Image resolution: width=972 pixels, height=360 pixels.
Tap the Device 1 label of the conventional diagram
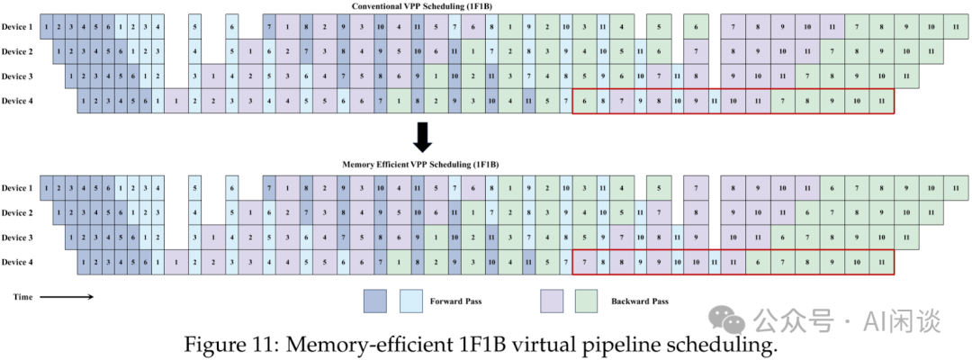(17, 27)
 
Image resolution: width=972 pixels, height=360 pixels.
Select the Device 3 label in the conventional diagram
(17, 76)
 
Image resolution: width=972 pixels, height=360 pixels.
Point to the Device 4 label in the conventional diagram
(17, 100)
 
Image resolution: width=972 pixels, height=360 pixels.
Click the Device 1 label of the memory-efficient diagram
(17, 188)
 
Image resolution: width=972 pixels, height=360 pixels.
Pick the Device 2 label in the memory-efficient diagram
(17, 213)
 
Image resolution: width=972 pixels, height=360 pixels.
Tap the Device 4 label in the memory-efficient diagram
(17, 262)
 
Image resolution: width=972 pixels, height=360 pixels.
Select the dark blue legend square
(374, 301)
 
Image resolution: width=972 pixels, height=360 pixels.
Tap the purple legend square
(551, 301)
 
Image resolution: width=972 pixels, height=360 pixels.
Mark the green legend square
(586, 301)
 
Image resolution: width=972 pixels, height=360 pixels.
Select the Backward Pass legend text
(640, 301)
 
